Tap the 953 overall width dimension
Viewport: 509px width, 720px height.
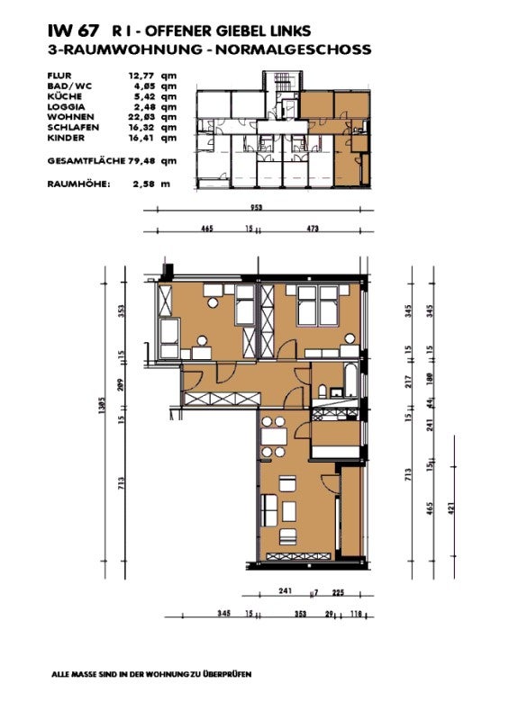(258, 207)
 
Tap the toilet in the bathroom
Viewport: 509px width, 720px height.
(323, 390)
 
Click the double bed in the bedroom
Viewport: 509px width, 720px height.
(317, 308)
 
